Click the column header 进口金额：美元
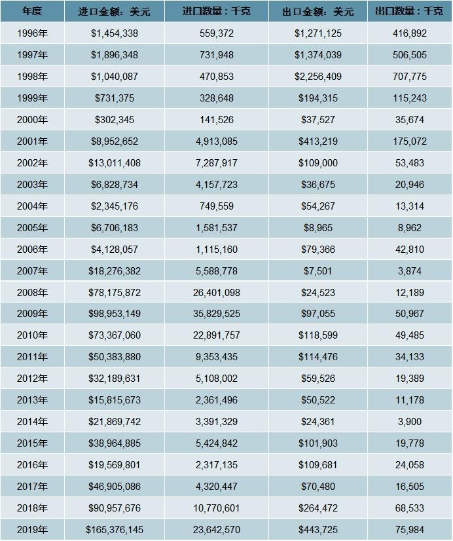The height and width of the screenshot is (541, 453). [114, 11]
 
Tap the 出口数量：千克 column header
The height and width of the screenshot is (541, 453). [409, 11]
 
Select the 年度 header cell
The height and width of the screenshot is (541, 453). [32, 11]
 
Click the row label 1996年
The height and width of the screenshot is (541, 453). [32, 33]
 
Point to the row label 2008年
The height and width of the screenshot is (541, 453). [32, 292]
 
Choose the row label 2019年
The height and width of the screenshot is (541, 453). [32, 529]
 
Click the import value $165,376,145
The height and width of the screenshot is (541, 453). [114, 529]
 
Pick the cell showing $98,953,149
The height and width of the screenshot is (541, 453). [114, 314]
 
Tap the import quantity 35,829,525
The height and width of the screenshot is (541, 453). [216, 314]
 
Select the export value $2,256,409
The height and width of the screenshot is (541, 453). [318, 76]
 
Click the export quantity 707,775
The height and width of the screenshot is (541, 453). [409, 76]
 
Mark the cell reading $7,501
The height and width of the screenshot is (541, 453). [318, 270]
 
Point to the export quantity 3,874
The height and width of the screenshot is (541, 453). [409, 270]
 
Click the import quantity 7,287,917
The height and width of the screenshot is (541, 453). [216, 162]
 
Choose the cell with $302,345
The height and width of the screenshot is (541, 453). [114, 119]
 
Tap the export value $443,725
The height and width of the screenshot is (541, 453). [318, 529]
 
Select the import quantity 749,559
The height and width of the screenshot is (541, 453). [216, 206]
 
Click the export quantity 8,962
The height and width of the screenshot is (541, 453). [409, 227]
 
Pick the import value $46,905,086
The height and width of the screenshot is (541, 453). [114, 486]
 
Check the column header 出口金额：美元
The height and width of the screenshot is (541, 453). [318, 11]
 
